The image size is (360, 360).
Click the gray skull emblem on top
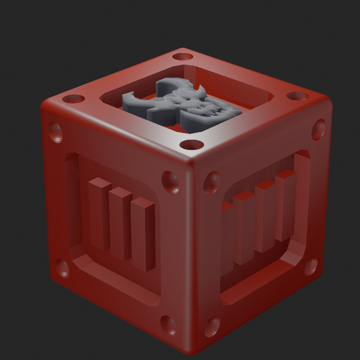click(183, 107)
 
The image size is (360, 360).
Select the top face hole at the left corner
click(73, 99)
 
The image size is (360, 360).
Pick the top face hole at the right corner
click(297, 96)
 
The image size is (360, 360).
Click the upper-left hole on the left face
click(54, 130)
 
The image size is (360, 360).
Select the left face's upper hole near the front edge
click(170, 181)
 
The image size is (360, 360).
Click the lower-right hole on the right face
click(310, 267)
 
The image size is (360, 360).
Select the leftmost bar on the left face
click(98, 213)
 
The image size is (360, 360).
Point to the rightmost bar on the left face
click(143, 234)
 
